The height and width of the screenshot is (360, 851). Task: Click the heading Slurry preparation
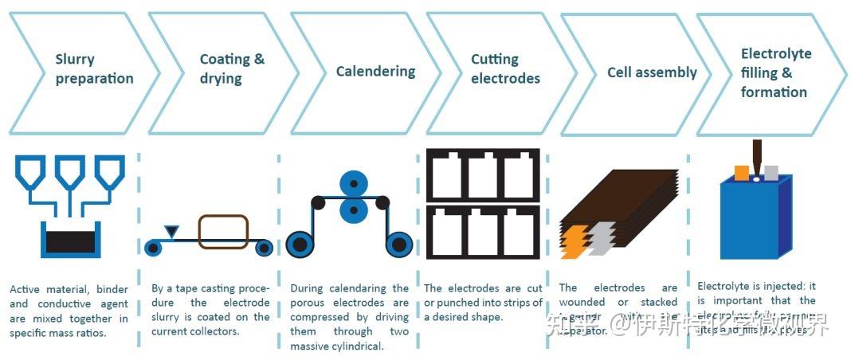93,68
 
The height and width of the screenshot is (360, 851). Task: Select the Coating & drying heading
232,68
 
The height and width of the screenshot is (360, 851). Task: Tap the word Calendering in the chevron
375,71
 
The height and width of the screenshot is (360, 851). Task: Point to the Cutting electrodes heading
505,68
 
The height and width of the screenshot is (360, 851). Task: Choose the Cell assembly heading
652,72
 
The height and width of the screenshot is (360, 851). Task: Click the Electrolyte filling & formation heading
776,72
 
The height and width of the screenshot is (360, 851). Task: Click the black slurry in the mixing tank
71,241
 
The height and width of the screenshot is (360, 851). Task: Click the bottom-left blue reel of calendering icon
300,244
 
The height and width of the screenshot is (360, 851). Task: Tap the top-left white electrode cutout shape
446,175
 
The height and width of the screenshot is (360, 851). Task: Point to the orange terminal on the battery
742,172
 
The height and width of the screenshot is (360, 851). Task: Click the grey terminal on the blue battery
771,172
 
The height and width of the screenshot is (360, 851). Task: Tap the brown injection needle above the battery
756,155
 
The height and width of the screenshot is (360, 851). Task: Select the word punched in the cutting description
465,303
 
